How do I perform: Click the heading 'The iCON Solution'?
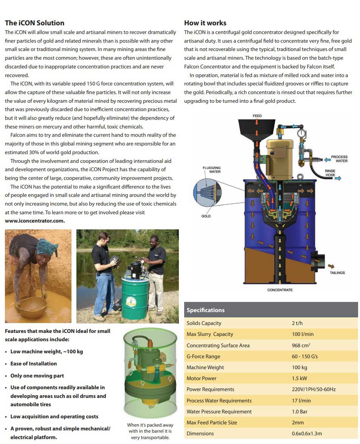pos(34,23)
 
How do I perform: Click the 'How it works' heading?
pos(205,23)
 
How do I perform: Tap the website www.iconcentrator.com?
pos(35,221)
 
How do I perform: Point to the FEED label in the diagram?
pos(257,116)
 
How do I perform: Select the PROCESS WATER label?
pos(339,159)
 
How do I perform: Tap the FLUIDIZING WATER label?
pos(212,170)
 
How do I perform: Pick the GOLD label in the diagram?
pos(206,216)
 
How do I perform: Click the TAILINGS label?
pos(337,273)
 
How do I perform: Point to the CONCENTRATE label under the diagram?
pos(280,290)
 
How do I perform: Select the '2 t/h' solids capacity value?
pos(297,323)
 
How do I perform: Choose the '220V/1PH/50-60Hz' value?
pos(313,390)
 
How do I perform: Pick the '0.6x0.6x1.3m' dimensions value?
pos(307,434)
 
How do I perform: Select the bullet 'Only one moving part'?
pos(37,376)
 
